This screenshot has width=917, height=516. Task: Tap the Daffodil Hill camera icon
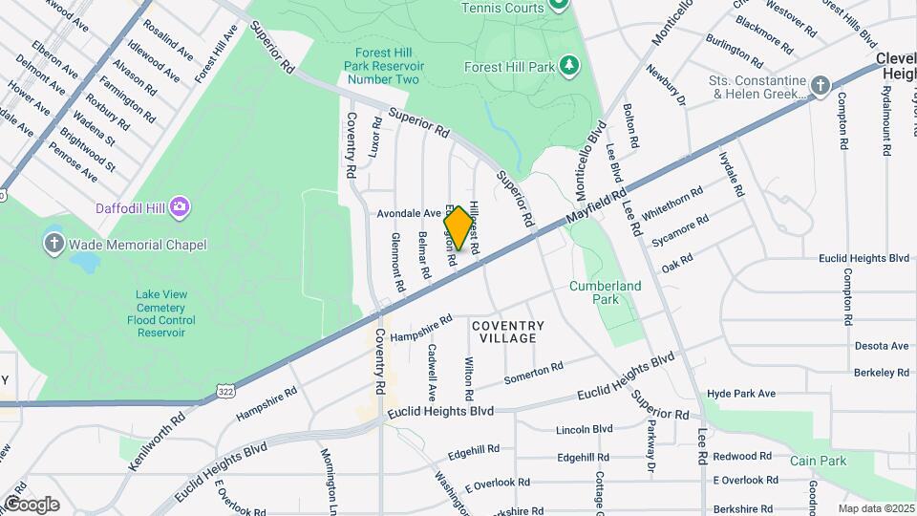(181, 207)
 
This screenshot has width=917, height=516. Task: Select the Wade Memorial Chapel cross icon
(54, 245)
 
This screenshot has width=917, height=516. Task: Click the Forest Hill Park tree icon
(569, 65)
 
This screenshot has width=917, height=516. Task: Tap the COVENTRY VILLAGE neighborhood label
(508, 332)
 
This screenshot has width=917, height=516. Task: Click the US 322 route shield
(225, 391)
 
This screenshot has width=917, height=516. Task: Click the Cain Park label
(819, 461)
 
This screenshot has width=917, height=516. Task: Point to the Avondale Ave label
(409, 213)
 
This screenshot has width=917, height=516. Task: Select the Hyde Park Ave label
(741, 394)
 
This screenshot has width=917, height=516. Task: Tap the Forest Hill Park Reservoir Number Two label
(384, 66)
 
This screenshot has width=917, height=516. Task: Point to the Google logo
(31, 504)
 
